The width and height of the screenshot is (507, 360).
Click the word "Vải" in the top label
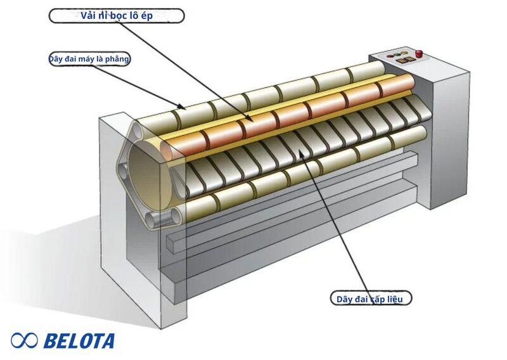click(88, 15)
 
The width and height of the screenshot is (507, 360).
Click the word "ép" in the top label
click(146, 16)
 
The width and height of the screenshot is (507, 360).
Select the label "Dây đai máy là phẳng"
click(89, 59)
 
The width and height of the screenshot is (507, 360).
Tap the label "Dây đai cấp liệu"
click(371, 299)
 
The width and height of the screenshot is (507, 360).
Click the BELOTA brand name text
click(79, 341)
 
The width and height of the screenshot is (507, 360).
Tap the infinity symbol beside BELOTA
click(24, 340)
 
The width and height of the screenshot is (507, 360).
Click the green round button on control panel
click(397, 54)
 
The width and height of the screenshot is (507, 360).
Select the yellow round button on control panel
click(404, 53)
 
